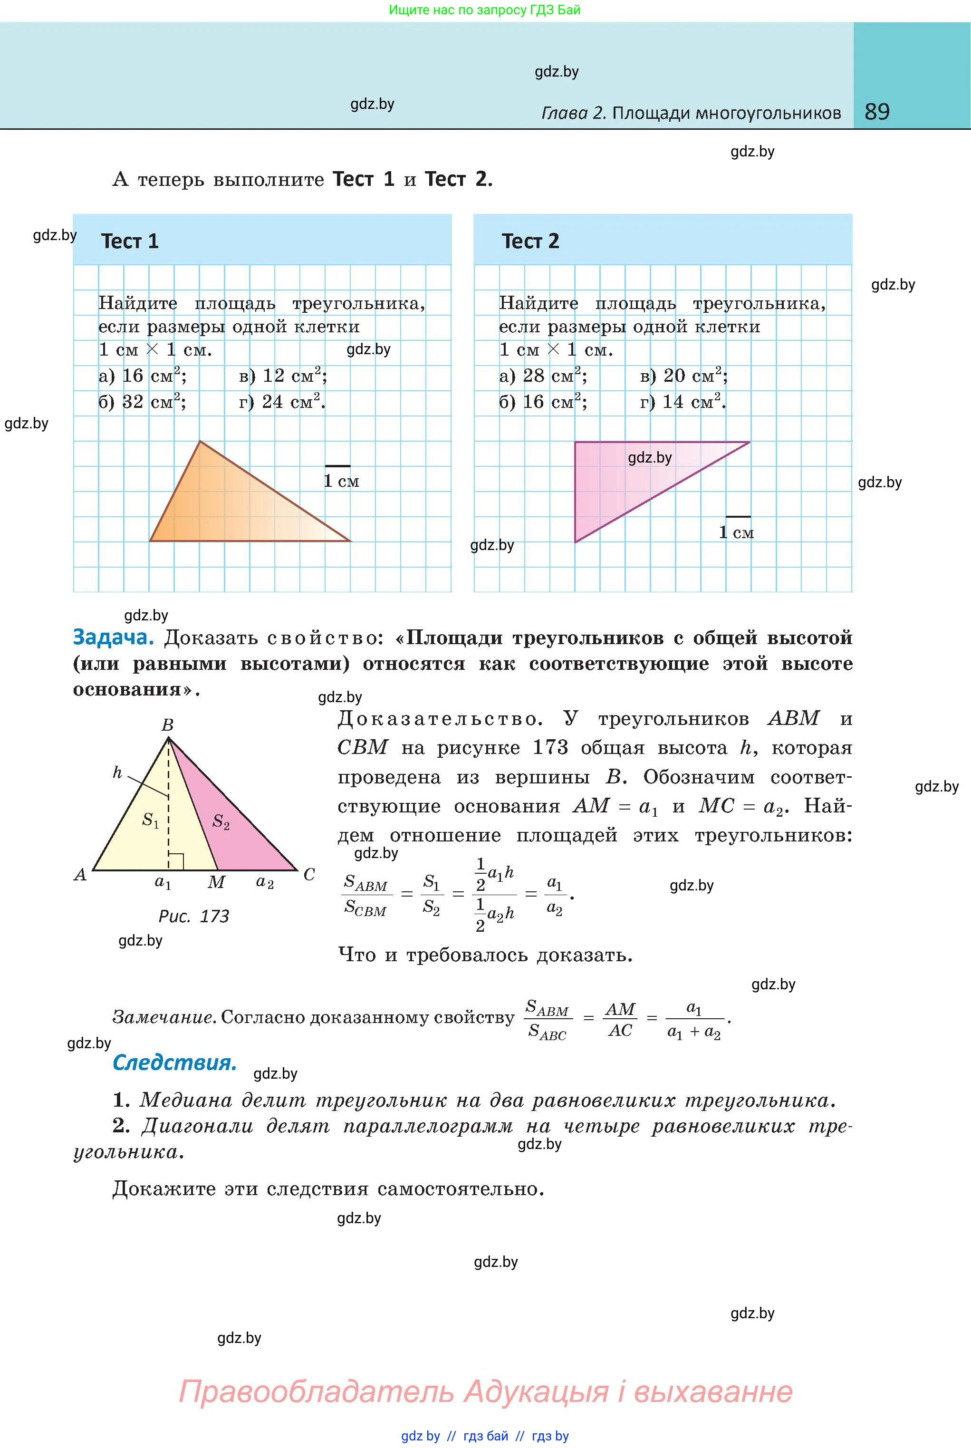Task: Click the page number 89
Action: click(876, 112)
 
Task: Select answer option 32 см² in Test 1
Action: click(143, 402)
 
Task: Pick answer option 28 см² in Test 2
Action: click(543, 376)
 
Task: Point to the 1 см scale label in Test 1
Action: click(341, 481)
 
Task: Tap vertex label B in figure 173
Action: click(167, 724)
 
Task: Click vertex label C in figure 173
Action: click(309, 875)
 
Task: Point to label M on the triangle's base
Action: click(216, 882)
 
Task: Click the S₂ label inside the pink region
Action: click(221, 822)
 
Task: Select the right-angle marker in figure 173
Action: click(176, 861)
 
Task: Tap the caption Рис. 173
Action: click(194, 916)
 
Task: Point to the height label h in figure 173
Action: click(117, 772)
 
